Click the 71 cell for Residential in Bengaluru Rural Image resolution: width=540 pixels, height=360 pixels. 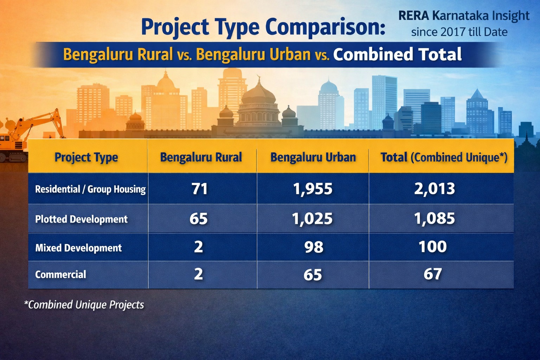click(199, 189)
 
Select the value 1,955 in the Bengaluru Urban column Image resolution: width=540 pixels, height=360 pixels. click(313, 189)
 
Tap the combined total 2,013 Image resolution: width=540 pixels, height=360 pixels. click(434, 189)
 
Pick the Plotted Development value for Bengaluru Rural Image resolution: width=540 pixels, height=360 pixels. click(199, 219)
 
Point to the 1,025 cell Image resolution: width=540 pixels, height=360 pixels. click(312, 219)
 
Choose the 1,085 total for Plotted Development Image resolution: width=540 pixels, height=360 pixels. click(434, 218)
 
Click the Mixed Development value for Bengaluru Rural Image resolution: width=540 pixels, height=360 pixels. click(199, 247)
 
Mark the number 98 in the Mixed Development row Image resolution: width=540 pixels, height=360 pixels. click(314, 247)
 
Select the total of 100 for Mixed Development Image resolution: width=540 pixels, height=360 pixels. click(432, 246)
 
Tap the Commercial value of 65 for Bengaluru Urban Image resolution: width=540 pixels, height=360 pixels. click(313, 275)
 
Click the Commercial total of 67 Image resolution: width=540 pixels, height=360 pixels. click(432, 274)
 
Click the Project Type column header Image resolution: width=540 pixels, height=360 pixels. click(86, 157)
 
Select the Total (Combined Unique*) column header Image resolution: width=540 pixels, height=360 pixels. click(444, 157)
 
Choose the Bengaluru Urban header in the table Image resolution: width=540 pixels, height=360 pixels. click(313, 157)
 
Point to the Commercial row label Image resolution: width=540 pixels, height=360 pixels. click(60, 274)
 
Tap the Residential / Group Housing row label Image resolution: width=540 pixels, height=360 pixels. click(90, 189)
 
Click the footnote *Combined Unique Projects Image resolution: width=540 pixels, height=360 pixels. click(84, 304)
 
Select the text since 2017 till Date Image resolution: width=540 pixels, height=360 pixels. click(459, 32)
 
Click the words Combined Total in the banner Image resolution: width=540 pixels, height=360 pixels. click(397, 54)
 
